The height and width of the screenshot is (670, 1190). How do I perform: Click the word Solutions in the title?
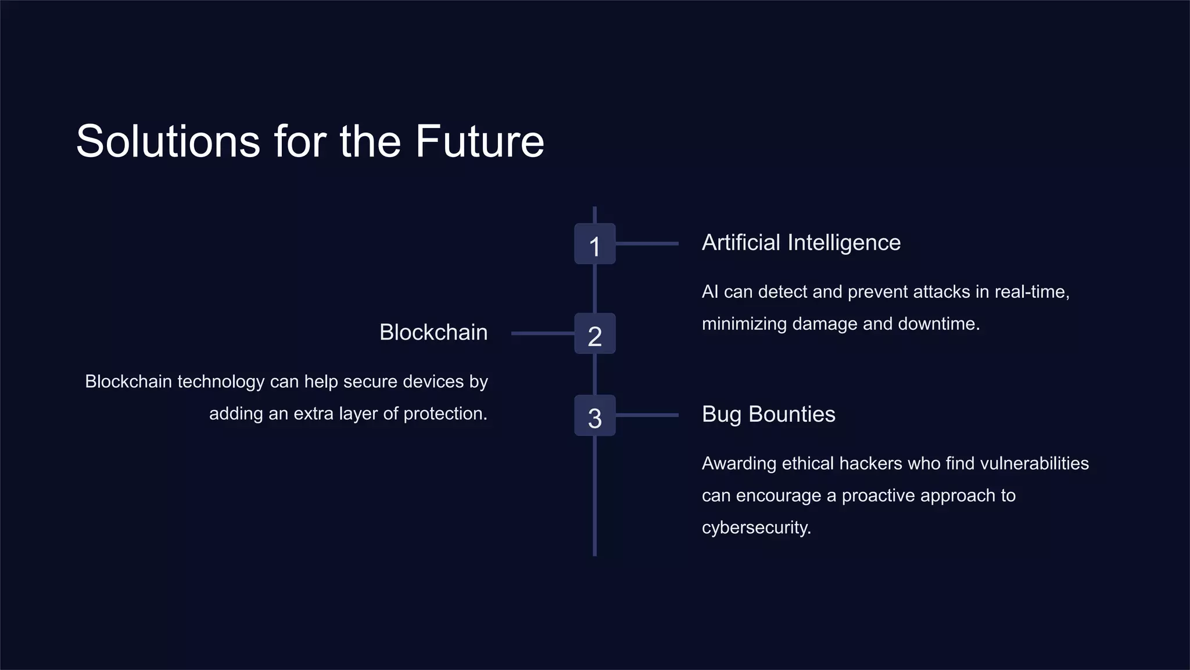[x=168, y=141]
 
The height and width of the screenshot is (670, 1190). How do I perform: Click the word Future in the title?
[x=479, y=141]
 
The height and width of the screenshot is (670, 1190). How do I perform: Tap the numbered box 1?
[x=594, y=244]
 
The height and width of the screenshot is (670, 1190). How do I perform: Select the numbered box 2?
[x=594, y=334]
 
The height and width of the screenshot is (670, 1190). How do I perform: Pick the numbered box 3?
[x=594, y=416]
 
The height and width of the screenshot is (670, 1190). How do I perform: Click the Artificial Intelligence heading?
[x=801, y=243]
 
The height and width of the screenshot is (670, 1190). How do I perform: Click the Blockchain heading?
[x=433, y=333]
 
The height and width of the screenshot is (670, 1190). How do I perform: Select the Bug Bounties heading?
[x=768, y=414]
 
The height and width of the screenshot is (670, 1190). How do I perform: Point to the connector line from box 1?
[x=647, y=244]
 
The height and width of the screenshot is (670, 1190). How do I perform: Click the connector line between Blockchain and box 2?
[x=542, y=333]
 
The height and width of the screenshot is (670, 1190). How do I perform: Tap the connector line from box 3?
[x=647, y=415]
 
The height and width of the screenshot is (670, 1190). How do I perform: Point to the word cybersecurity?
[x=755, y=528]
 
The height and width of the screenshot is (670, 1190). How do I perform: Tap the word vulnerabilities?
[x=1034, y=464]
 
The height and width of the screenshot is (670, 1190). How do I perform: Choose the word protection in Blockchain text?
[x=445, y=414]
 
